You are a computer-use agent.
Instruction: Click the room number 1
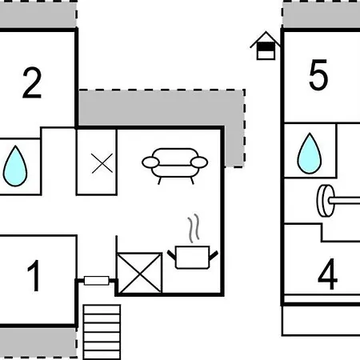tap(34, 276)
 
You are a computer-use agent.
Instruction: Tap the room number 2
tap(32, 83)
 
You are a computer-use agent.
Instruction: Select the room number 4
tap(327, 274)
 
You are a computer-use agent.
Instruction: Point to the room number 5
tap(318, 74)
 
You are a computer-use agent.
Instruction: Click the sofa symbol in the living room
tap(174, 166)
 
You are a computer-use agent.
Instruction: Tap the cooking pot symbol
tap(193, 258)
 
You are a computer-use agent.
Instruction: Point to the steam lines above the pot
tap(194, 228)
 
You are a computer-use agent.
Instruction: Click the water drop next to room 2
tap(15, 166)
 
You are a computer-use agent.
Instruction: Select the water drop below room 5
tap(310, 154)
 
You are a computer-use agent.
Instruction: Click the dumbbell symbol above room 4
tap(338, 201)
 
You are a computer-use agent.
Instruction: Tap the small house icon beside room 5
tap(266, 46)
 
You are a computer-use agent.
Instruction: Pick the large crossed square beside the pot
tap(140, 273)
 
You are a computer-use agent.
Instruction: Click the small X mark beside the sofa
tap(102, 163)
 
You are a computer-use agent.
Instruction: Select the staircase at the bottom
tap(102, 332)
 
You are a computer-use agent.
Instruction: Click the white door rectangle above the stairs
tap(97, 281)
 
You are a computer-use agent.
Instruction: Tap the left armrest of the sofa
tap(150, 162)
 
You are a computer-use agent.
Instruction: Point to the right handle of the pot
tap(214, 255)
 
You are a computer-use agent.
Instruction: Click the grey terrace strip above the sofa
tap(162, 108)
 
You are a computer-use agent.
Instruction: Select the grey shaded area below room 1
tap(38, 342)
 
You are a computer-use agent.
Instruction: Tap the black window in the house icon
tap(266, 47)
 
